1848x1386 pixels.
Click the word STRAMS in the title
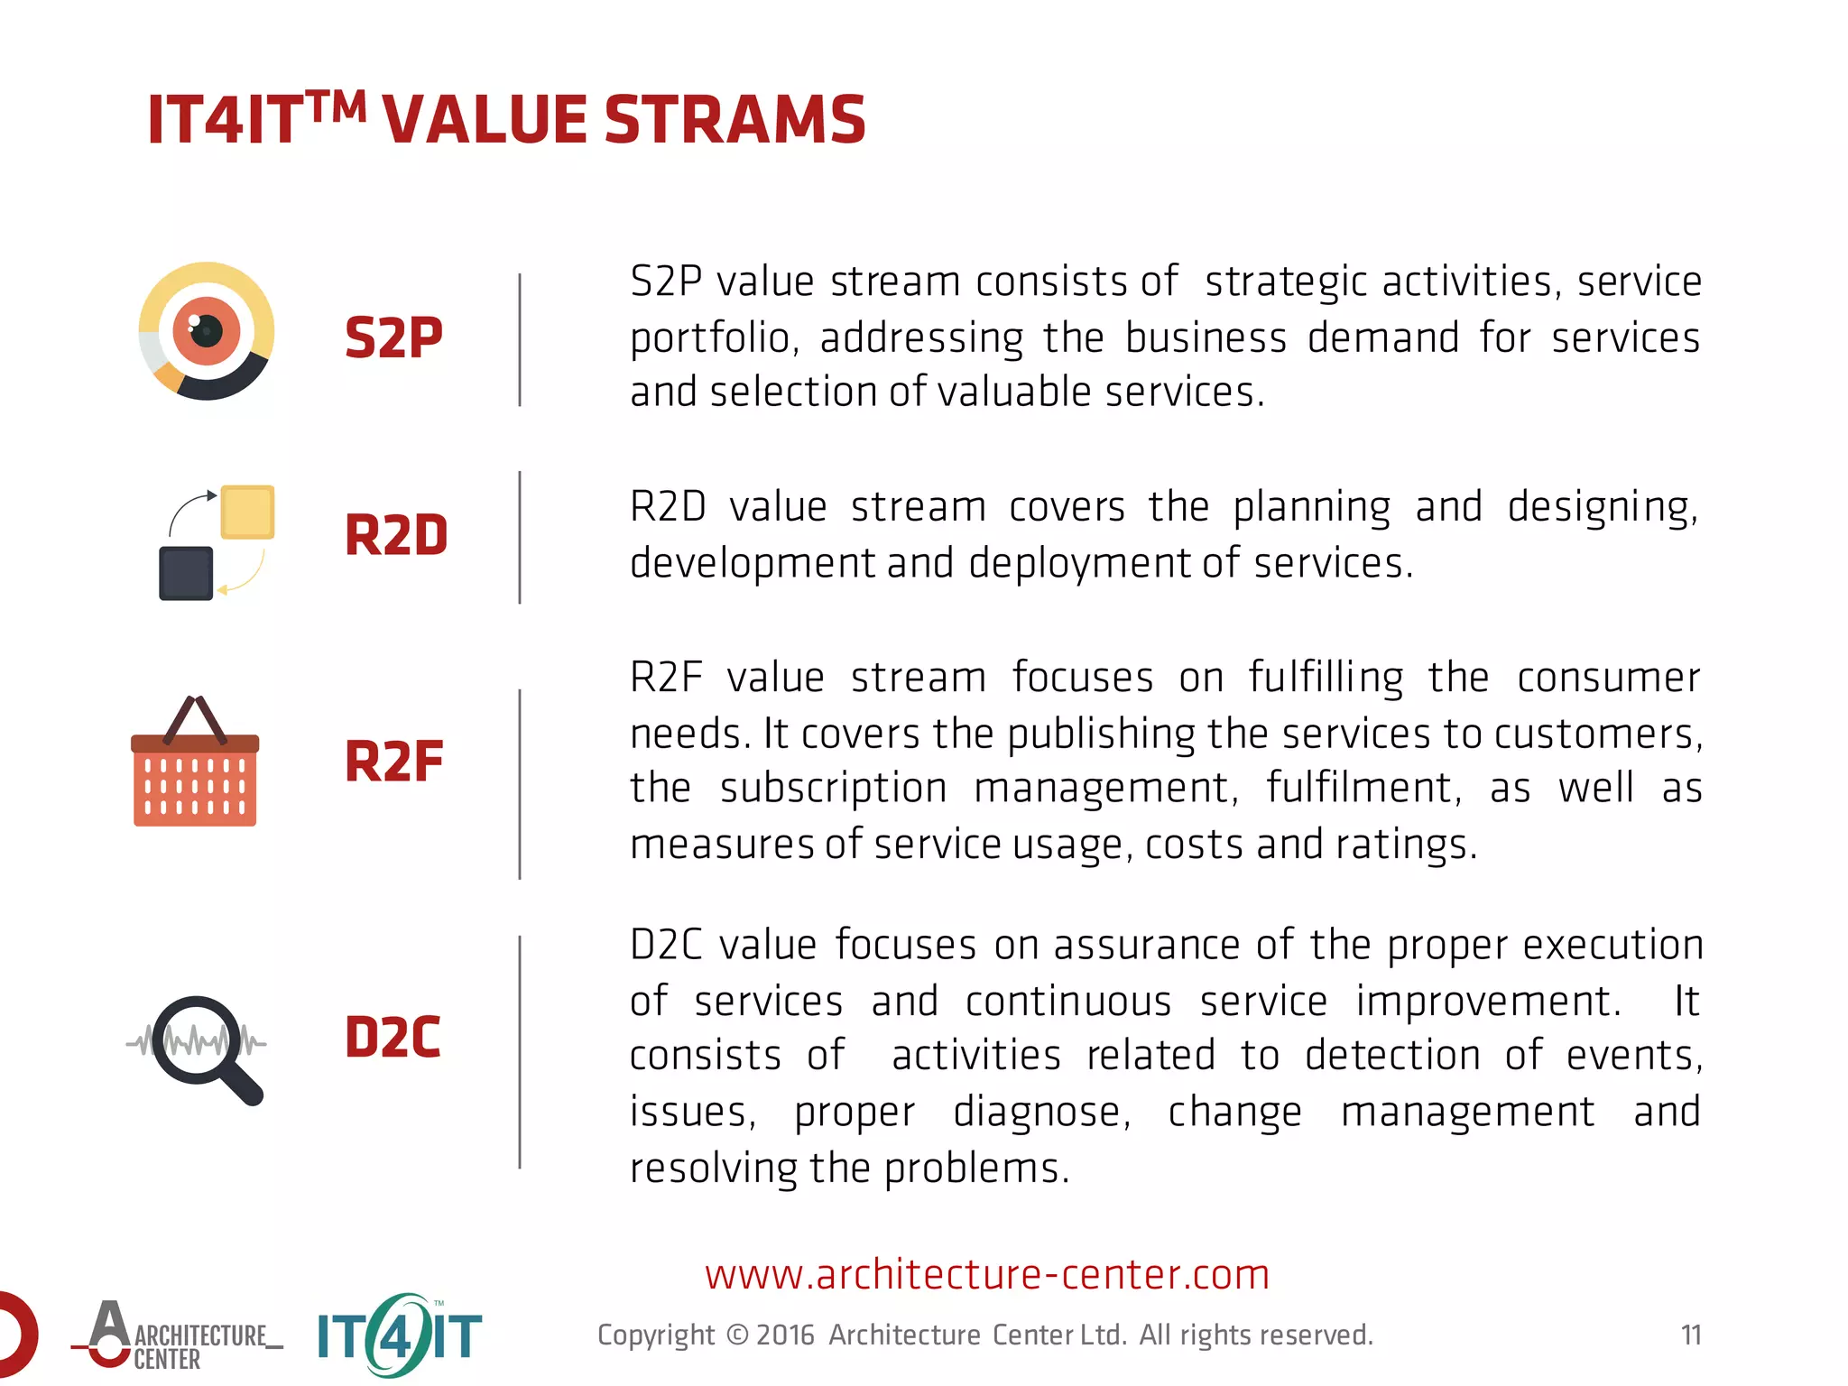tap(735, 120)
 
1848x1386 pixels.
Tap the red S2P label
tap(394, 338)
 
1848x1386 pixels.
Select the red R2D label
tap(396, 535)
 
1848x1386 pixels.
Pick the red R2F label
tap(394, 762)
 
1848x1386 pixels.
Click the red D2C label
tap(393, 1038)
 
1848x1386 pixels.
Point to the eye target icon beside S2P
tap(207, 331)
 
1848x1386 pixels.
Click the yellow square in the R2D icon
tap(247, 512)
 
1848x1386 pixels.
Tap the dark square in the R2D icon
tap(186, 573)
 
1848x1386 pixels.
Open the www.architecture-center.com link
tap(987, 1274)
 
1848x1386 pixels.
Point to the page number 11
tap(1691, 1335)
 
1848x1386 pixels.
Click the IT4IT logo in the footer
tap(400, 1335)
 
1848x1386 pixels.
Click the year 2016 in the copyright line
tap(785, 1335)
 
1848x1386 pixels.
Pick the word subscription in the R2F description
tap(833, 788)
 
